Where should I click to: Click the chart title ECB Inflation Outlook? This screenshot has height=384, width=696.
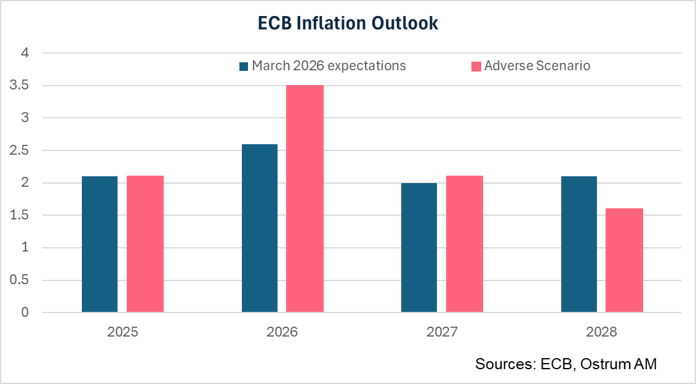point(348,23)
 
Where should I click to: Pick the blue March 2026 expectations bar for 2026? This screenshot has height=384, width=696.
point(260,228)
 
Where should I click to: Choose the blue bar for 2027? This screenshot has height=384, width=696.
point(419,247)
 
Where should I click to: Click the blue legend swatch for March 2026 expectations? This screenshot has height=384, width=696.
point(244,66)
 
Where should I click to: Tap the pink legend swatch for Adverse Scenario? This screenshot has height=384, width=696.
point(476,66)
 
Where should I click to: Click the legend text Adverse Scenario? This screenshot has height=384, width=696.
point(537,65)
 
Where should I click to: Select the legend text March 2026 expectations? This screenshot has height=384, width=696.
point(329,65)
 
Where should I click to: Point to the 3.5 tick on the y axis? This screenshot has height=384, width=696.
point(20,86)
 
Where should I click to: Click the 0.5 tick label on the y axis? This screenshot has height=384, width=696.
point(20,280)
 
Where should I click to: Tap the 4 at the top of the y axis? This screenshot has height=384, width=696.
point(25,53)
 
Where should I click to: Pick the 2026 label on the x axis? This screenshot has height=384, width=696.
point(282,332)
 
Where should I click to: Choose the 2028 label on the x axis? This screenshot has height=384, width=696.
point(601,332)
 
